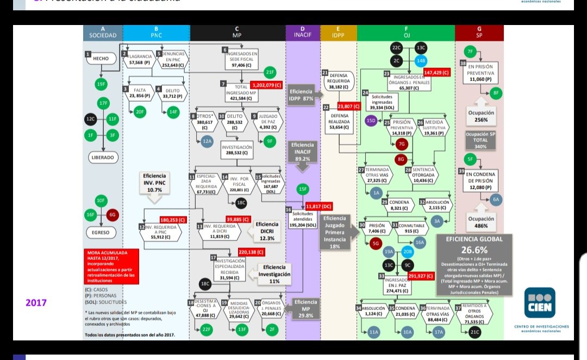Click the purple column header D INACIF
(x=303, y=33)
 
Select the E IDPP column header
(x=338, y=33)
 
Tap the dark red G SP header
(x=479, y=33)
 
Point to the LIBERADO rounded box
(x=103, y=158)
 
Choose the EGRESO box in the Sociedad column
(x=101, y=232)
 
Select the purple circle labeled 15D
(x=372, y=121)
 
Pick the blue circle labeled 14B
(x=421, y=61)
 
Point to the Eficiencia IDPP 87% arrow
(x=304, y=96)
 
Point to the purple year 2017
(x=36, y=302)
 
